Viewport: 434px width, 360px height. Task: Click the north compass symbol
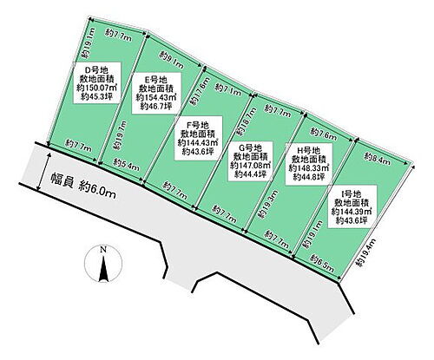(x=102, y=264)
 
